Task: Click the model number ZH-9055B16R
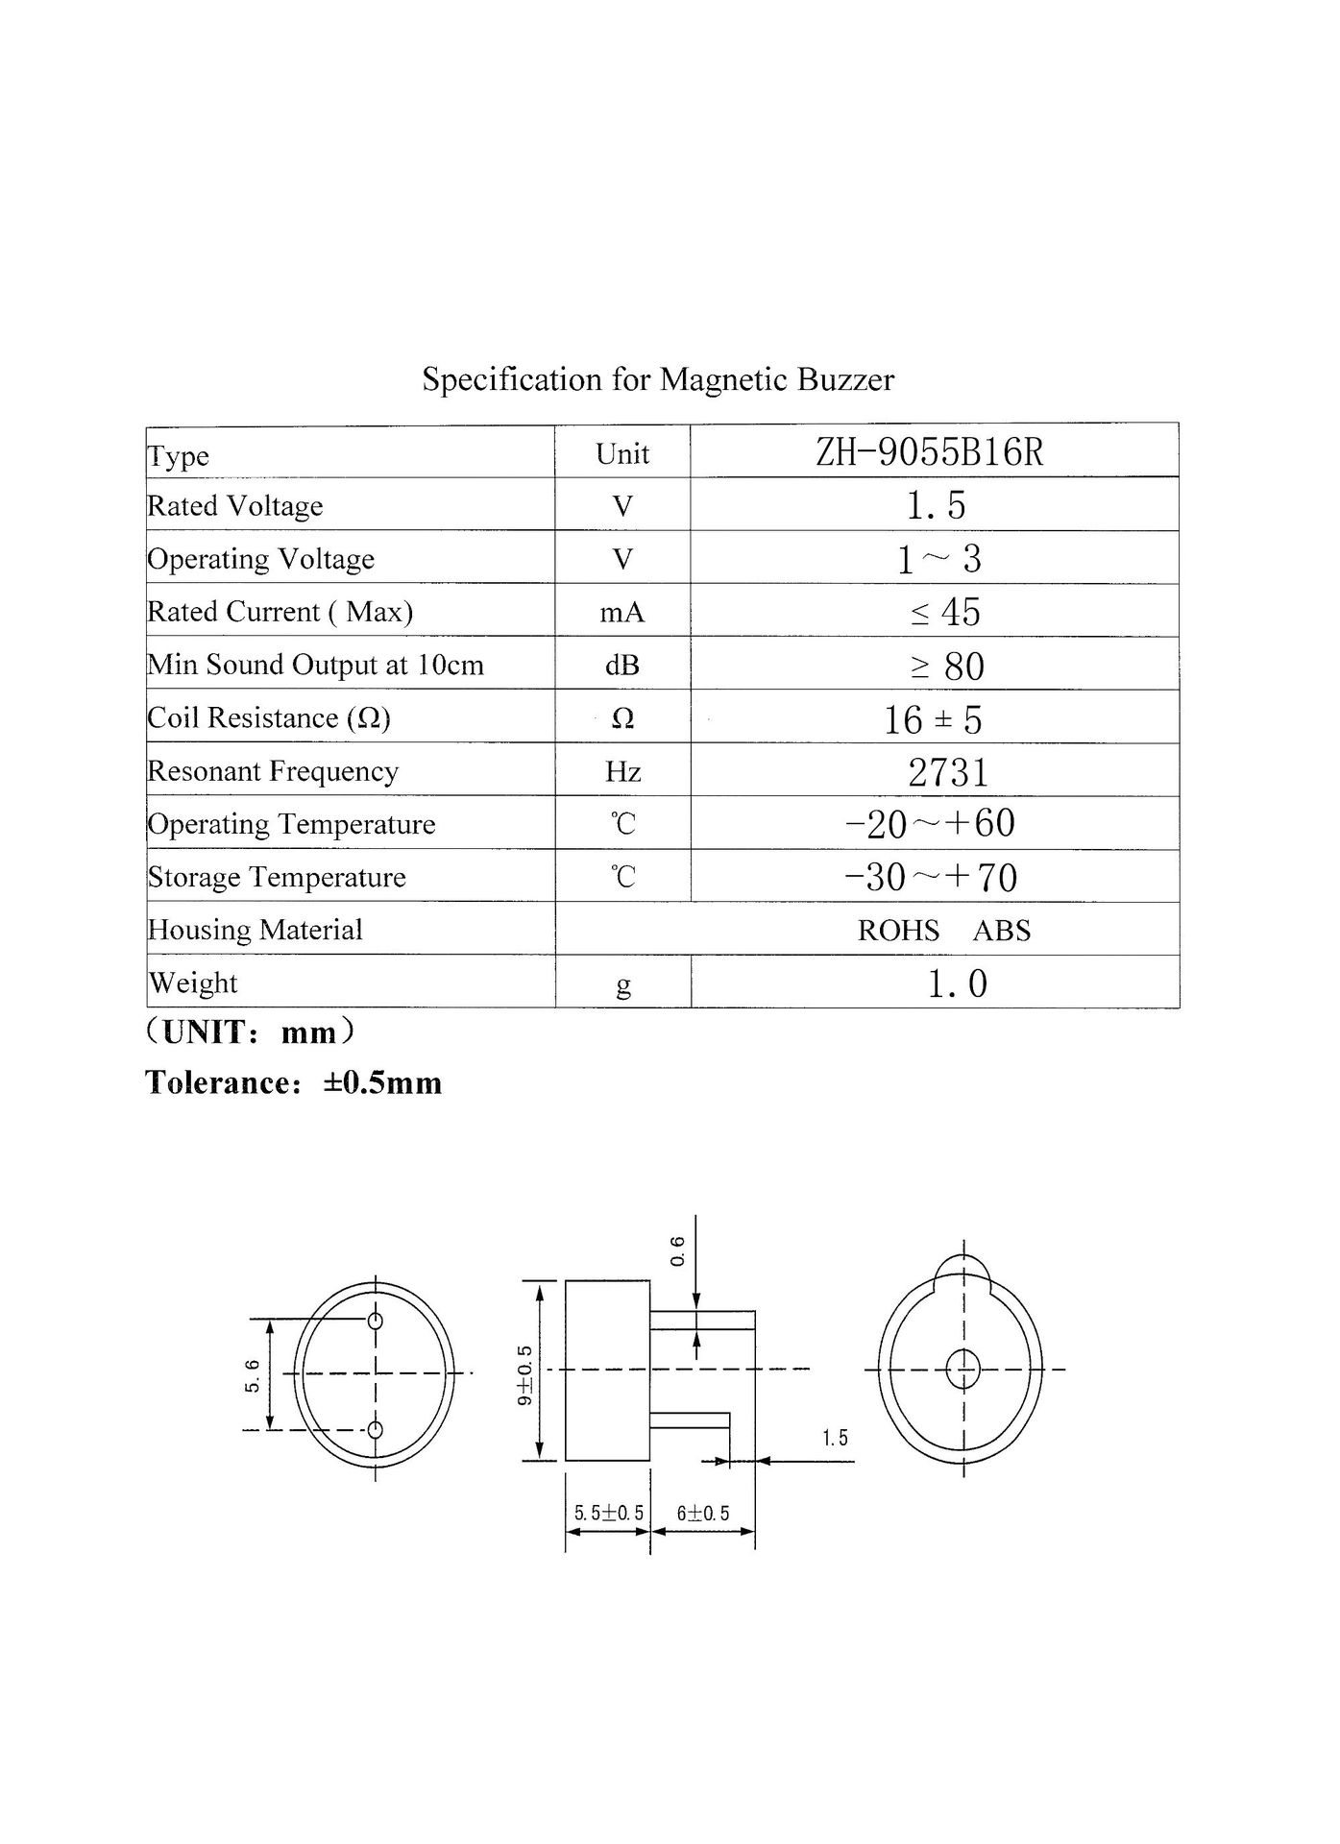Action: pyautogui.click(x=929, y=451)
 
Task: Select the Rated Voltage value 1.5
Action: pyautogui.click(x=936, y=505)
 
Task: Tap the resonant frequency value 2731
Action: pyautogui.click(x=947, y=772)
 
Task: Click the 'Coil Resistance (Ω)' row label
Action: pyautogui.click(x=269, y=717)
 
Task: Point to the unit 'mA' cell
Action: pyautogui.click(x=621, y=612)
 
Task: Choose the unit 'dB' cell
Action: pyautogui.click(x=621, y=665)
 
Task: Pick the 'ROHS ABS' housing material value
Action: pyautogui.click(x=943, y=930)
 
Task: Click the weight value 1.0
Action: pyautogui.click(x=957, y=983)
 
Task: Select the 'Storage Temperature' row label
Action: pyautogui.click(x=277, y=877)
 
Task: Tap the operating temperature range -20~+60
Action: pyautogui.click(x=929, y=823)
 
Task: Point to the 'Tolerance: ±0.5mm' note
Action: pyautogui.click(x=294, y=1082)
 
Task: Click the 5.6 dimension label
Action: pyautogui.click(x=253, y=1375)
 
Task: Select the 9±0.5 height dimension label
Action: pyautogui.click(x=524, y=1375)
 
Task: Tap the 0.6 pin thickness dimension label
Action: pyautogui.click(x=677, y=1250)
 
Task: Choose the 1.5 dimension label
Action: pyautogui.click(x=835, y=1438)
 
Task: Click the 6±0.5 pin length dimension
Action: pyautogui.click(x=703, y=1514)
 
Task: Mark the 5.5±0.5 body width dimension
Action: pyautogui.click(x=609, y=1514)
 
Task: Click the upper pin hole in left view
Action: pyautogui.click(x=376, y=1321)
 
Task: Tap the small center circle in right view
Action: pyautogui.click(x=962, y=1369)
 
